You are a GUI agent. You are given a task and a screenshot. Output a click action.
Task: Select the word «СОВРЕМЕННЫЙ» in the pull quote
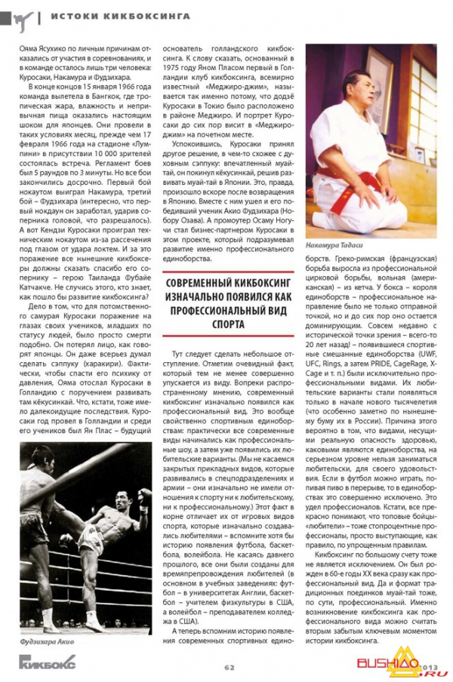(195, 282)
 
